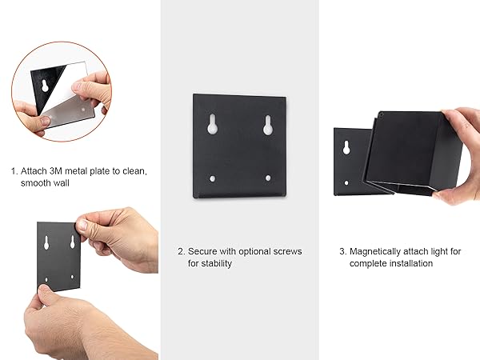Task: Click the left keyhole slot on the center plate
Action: pyautogui.click(x=213, y=124)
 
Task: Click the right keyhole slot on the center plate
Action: pyautogui.click(x=268, y=126)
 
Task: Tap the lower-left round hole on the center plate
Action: pyautogui.click(x=212, y=178)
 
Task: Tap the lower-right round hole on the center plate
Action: pyautogui.click(x=268, y=178)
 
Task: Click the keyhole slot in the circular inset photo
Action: pyautogui.click(x=45, y=86)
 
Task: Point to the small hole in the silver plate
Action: pyautogui.click(x=83, y=110)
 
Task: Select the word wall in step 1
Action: pyautogui.click(x=62, y=183)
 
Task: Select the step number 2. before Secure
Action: pyautogui.click(x=182, y=252)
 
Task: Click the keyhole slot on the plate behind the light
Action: pyautogui.click(x=346, y=147)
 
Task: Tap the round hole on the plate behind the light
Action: pyautogui.click(x=346, y=182)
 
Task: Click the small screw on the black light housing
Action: pyautogui.click(x=382, y=115)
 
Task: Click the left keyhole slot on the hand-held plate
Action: pyautogui.click(x=46, y=242)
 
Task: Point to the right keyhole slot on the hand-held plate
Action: pyautogui.click(x=73, y=242)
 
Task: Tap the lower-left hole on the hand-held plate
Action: pyautogui.click(x=46, y=279)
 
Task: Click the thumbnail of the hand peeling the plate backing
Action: pyautogui.click(x=62, y=92)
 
